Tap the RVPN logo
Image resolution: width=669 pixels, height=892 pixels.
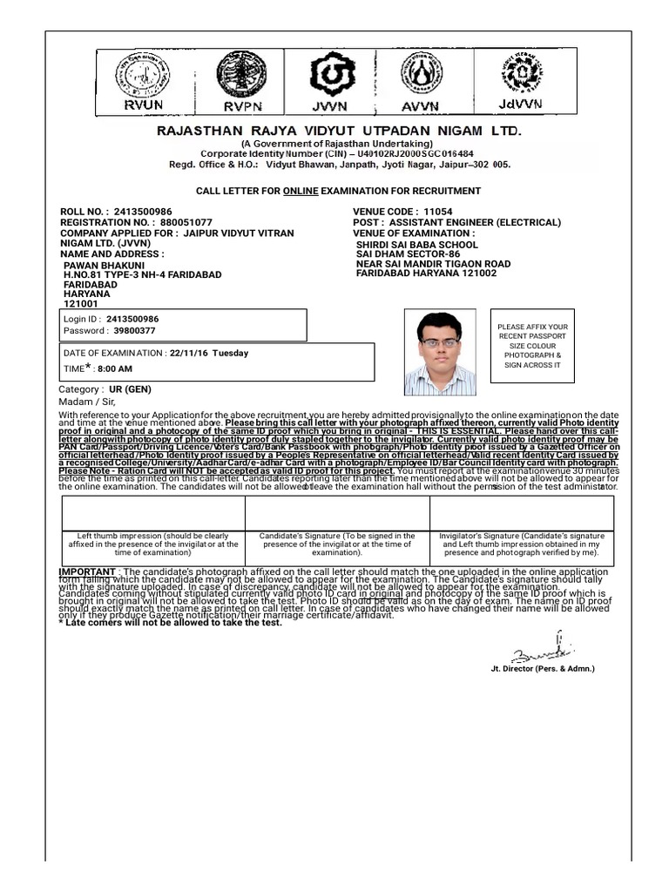241,80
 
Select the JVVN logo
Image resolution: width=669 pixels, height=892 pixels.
334,80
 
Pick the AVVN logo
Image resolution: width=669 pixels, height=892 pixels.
429,80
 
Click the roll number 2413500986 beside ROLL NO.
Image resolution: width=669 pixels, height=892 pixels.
142,212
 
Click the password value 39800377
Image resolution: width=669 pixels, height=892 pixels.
134,331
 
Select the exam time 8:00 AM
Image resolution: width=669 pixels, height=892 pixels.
114,369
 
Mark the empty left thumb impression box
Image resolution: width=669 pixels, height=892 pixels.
152,513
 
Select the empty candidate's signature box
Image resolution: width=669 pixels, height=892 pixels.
336,513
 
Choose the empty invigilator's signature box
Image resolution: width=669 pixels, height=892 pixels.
521,513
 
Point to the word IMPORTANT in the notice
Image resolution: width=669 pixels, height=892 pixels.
86,570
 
